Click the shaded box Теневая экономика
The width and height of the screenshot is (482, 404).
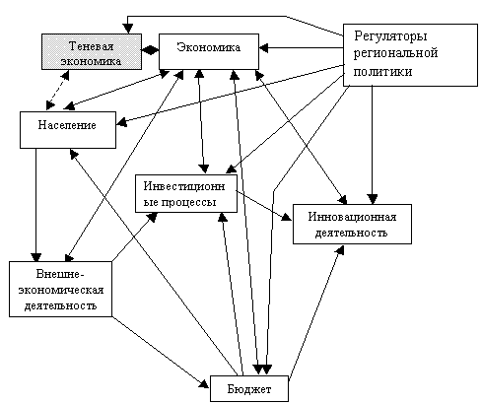[x=92, y=51]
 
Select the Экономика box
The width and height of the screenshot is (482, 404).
[x=209, y=51]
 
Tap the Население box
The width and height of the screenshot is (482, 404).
[x=68, y=130]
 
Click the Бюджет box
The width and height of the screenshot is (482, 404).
[x=249, y=389]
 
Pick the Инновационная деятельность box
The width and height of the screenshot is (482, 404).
[x=352, y=224]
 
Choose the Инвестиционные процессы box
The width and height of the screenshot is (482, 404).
[x=186, y=193]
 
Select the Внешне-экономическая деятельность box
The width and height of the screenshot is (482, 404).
[x=61, y=289]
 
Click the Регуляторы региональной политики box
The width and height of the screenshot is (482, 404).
[x=410, y=55]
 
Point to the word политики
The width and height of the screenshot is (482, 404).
[x=382, y=71]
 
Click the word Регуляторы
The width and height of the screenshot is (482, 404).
[x=390, y=36]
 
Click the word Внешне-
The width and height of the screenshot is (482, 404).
[x=58, y=274]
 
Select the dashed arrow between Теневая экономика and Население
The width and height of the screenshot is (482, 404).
[x=57, y=90]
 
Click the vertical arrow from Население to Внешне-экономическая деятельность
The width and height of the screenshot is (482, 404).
[x=36, y=205]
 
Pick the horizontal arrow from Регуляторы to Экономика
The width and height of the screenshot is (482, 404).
[x=301, y=48]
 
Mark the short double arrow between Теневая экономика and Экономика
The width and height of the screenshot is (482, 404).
[x=151, y=50]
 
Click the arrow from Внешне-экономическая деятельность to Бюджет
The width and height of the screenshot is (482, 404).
[x=161, y=353]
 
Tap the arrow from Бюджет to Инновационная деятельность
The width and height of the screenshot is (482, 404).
[x=316, y=311]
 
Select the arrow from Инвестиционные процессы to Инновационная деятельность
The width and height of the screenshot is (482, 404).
[x=264, y=206]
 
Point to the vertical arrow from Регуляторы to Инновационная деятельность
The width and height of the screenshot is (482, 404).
[x=373, y=145]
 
